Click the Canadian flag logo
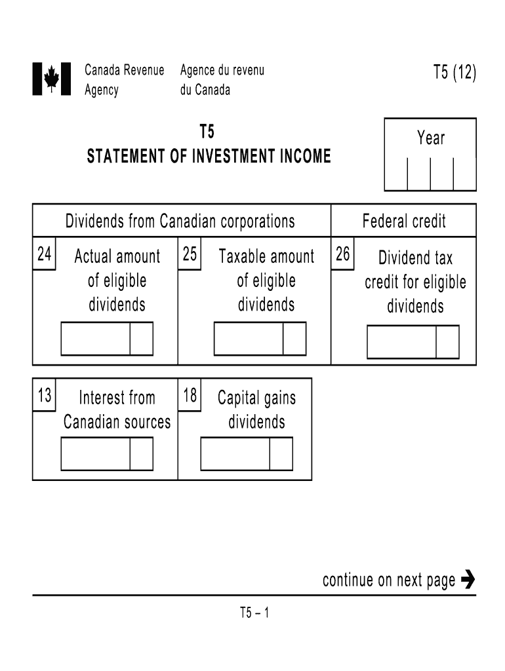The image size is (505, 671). pos(51,79)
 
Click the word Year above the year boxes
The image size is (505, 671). pos(430,138)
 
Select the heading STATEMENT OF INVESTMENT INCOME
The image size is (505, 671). pos(209,157)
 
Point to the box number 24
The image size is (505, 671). pos(45,254)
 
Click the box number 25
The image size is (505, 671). pos(190,254)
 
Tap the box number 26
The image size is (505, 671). pos(343,254)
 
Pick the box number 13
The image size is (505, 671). pos(45,396)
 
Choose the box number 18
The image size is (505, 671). pos(190,396)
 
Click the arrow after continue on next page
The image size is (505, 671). pos(468,580)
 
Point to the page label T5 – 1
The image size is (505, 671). pos(254,613)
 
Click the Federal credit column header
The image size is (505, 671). pos(404,221)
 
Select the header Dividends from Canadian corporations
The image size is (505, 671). pos(180,221)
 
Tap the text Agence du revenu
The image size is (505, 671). pos(222,70)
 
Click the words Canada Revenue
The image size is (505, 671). pos(125,70)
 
